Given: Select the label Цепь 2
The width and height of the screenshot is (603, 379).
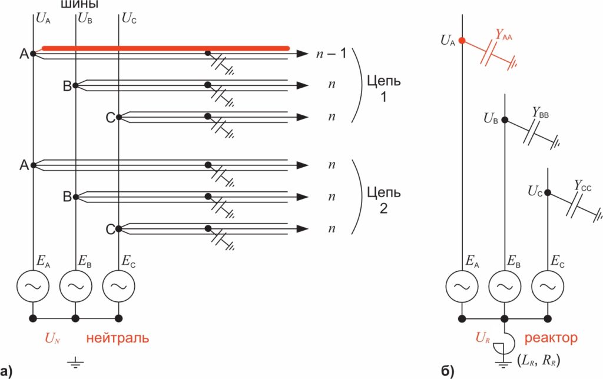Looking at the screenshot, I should coord(383,200).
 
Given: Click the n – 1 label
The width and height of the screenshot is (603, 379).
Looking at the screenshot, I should coord(333,54).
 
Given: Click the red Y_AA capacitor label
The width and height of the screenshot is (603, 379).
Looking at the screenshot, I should coord(503,36).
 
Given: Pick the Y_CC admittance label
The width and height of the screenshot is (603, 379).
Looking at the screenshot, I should coord(582,186).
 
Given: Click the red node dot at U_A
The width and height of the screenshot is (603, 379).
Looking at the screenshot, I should coord(462,41).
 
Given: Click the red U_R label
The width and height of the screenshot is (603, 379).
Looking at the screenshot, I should coord(483,338).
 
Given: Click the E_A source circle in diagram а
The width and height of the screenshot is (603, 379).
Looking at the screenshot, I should coord(32,286).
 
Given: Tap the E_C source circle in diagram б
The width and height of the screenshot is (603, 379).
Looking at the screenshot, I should coord(548,286).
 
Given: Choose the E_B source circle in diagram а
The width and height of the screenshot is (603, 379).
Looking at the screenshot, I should coord(75,286).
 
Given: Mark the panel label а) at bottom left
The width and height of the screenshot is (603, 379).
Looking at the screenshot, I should coord(6,371).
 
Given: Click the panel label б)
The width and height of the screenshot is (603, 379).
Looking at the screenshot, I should coord(447,371).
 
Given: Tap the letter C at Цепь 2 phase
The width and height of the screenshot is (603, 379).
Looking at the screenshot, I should coord(110,230).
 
